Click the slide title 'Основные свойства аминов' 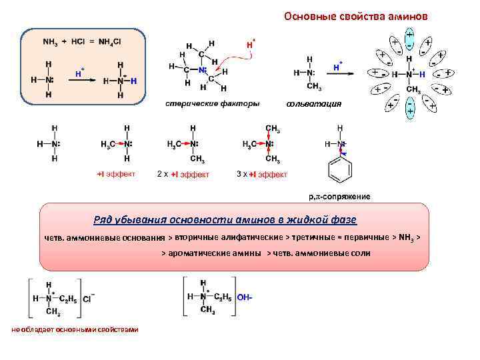pyautogui.click(x=356, y=16)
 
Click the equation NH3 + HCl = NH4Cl pyautogui.click(x=81, y=41)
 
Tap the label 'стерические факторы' pyautogui.click(x=211, y=103)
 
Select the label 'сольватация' pyautogui.click(x=313, y=103)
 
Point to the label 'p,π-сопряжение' pyautogui.click(x=339, y=196)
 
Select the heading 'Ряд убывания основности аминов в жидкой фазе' pyautogui.click(x=225, y=219)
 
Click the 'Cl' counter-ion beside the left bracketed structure pyautogui.click(x=87, y=298)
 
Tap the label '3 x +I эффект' pyautogui.click(x=262, y=174)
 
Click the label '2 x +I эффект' pyautogui.click(x=183, y=174)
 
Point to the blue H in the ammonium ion pyautogui.click(x=134, y=81)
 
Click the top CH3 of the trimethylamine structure pyautogui.click(x=273, y=128)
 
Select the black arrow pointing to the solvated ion pyautogui.click(x=359, y=72)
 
